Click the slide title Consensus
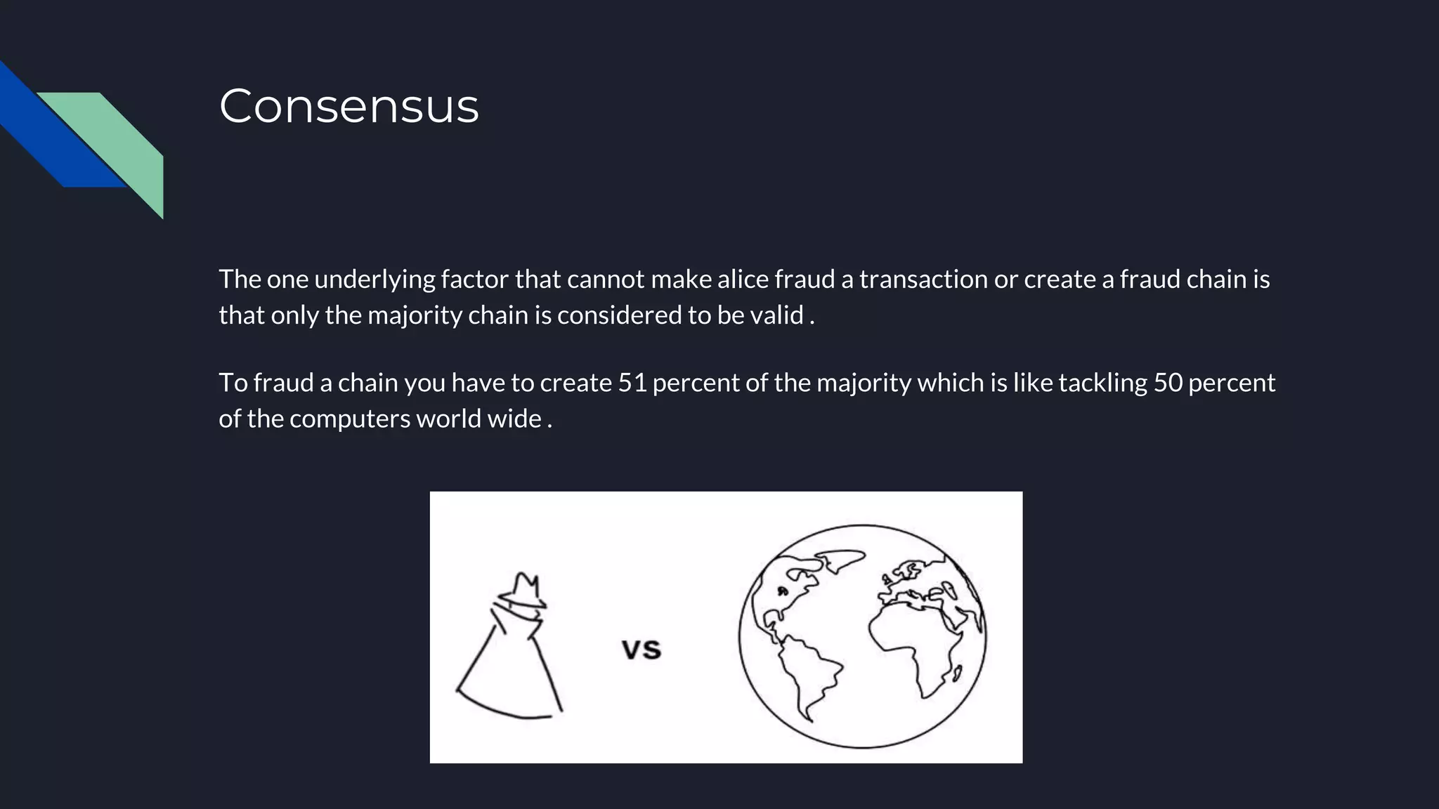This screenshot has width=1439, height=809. click(x=349, y=106)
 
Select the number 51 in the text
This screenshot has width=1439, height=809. click(x=632, y=383)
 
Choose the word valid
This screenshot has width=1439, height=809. click(x=776, y=315)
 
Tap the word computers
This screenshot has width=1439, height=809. click(x=349, y=419)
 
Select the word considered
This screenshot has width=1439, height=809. click(x=619, y=315)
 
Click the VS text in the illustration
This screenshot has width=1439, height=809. click(x=642, y=650)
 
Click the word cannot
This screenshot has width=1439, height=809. click(x=605, y=279)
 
